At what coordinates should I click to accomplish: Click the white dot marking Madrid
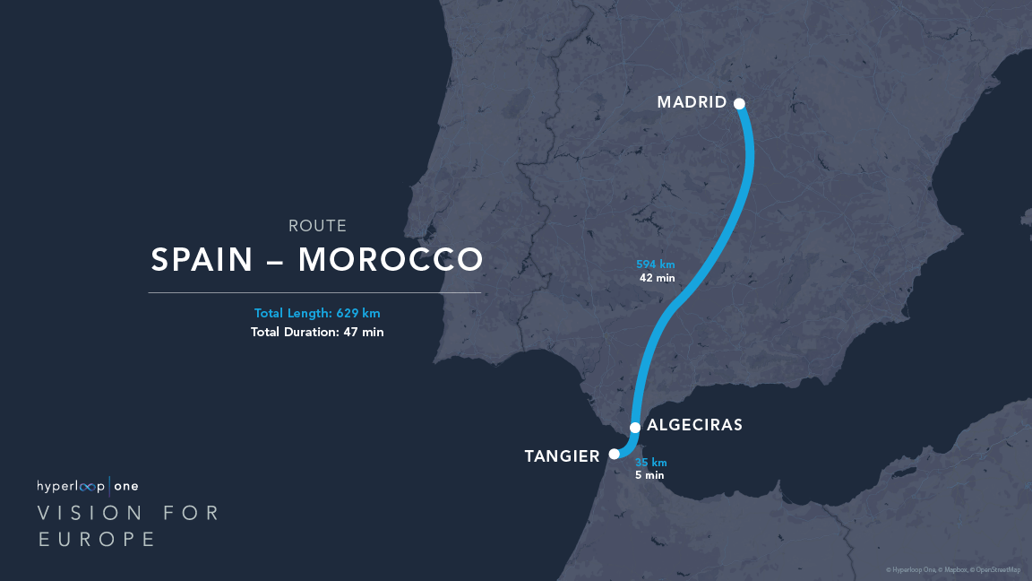[740, 103]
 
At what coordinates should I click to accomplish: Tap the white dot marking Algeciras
[635, 427]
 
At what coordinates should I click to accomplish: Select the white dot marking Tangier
[615, 454]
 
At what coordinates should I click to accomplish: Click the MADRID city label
[692, 102]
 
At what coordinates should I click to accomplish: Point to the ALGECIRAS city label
[694, 425]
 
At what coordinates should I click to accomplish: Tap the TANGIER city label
[562, 457]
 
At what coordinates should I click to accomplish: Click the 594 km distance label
[656, 264]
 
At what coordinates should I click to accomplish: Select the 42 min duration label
[657, 278]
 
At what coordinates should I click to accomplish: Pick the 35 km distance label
[651, 463]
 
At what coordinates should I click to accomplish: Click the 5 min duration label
[649, 475]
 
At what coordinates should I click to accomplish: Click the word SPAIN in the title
[203, 259]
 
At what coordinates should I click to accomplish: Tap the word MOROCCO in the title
[391, 259]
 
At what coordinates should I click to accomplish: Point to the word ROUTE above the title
[317, 226]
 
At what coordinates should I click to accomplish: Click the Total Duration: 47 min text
[318, 332]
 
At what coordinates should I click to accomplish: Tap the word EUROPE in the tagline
[97, 539]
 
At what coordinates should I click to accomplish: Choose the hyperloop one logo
[87, 486]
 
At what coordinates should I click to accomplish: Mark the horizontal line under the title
[314, 292]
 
